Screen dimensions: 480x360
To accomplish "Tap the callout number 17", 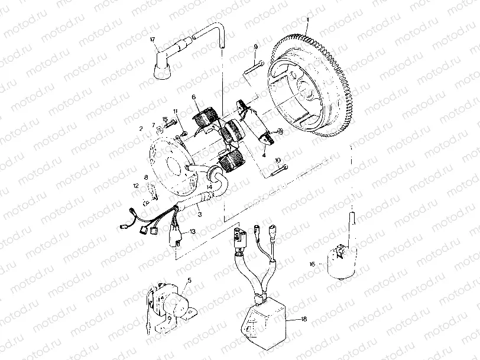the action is pyautogui.click(x=152, y=39).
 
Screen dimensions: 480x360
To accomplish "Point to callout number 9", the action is pyautogui.click(x=256, y=47).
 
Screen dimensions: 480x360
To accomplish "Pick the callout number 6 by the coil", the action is pyautogui.click(x=193, y=97).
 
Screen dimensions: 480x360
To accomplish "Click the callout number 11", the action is pyautogui.click(x=175, y=112).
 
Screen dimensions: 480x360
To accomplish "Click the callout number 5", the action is pyautogui.click(x=189, y=281).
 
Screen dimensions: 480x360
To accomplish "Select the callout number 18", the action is pyautogui.click(x=304, y=319).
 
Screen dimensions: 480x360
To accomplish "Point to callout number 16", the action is pyautogui.click(x=312, y=264).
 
